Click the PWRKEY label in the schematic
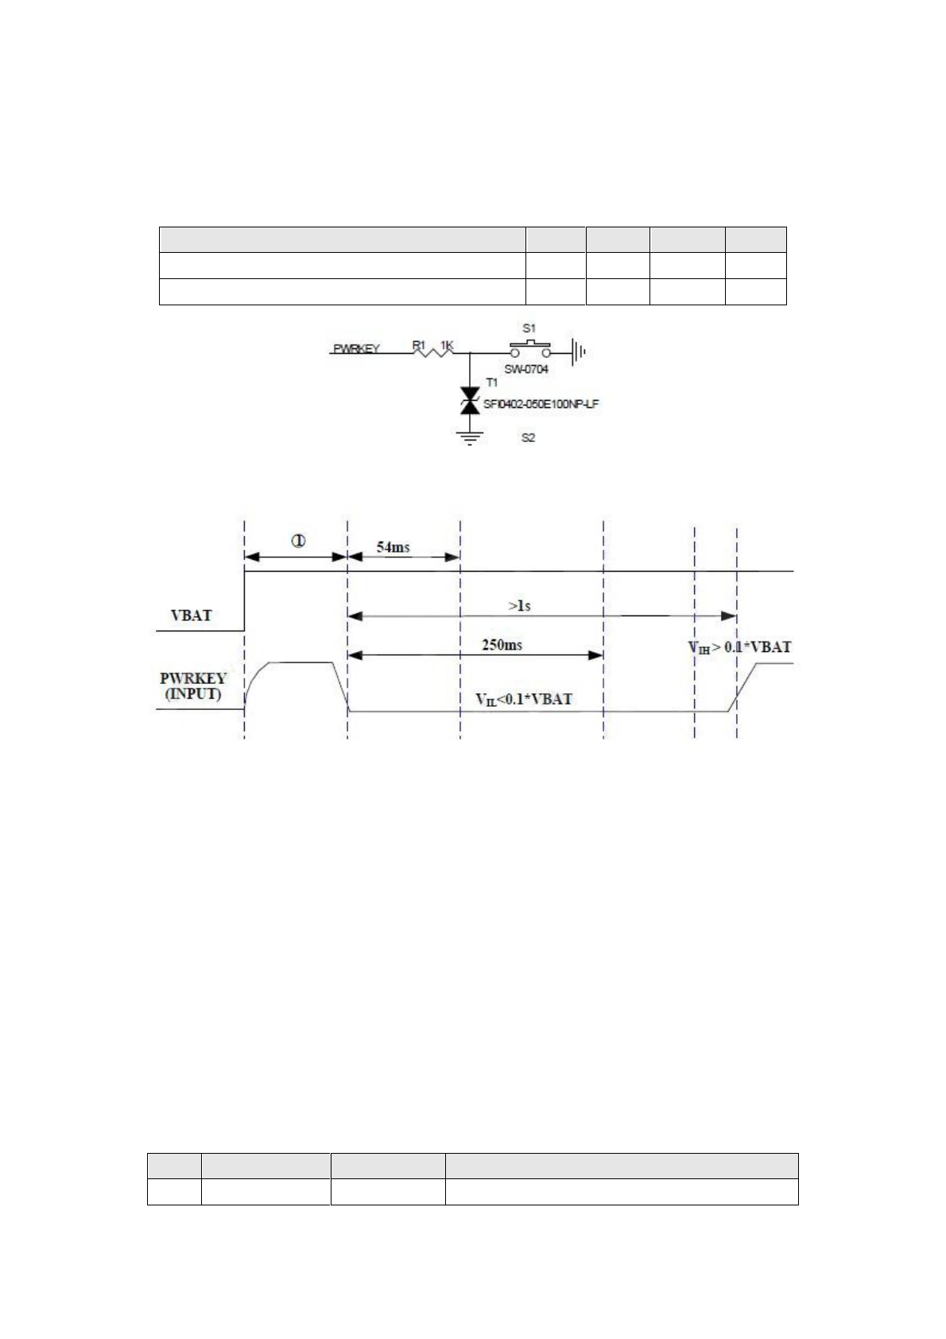pyautogui.click(x=356, y=348)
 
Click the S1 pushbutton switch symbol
pyautogui.click(x=529, y=348)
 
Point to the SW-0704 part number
pyautogui.click(x=526, y=369)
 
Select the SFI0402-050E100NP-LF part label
pyautogui.click(x=541, y=404)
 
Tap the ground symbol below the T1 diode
pyautogui.click(x=471, y=437)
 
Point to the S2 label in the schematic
pyautogui.click(x=528, y=437)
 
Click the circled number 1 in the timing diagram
pyautogui.click(x=298, y=542)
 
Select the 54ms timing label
pyautogui.click(x=393, y=547)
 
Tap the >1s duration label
pyautogui.click(x=519, y=606)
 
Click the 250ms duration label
pyautogui.click(x=502, y=645)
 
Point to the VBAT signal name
pyautogui.click(x=192, y=615)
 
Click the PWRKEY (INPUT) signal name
pyautogui.click(x=193, y=686)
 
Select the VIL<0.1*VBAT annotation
pyautogui.click(x=524, y=700)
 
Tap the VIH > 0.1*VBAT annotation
pyautogui.click(x=739, y=647)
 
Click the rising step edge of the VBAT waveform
pyautogui.click(x=245, y=600)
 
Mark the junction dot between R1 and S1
pyautogui.click(x=471, y=352)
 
